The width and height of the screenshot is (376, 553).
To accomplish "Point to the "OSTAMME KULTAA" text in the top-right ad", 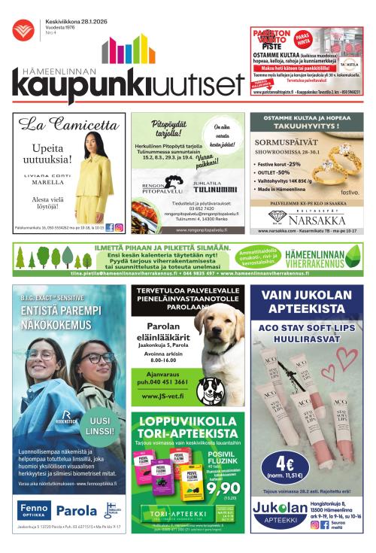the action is point(277,56).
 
